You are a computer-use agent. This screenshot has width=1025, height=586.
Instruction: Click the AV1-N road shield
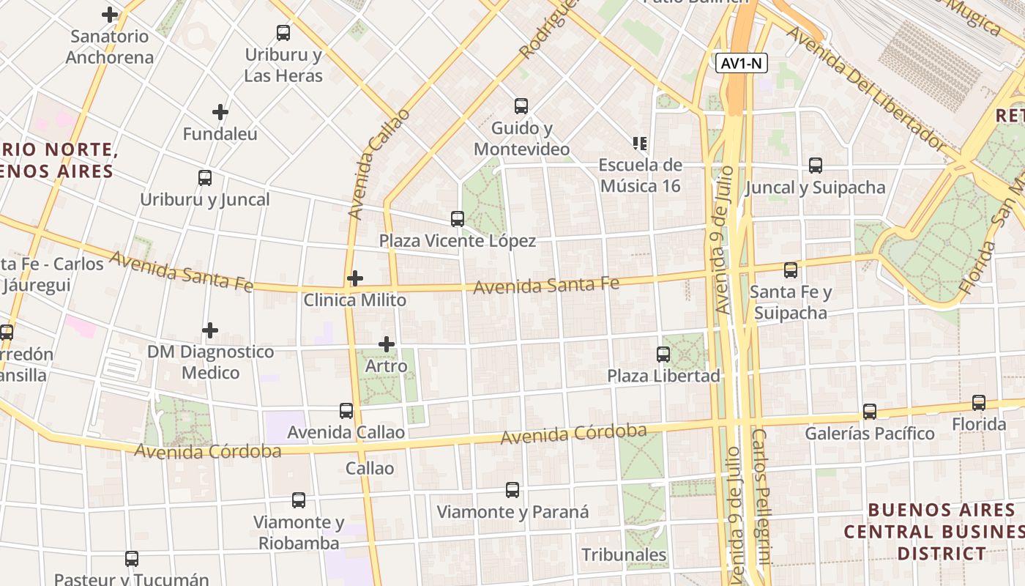[742, 64]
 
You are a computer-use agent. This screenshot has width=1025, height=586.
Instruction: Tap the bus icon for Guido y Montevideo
[521, 106]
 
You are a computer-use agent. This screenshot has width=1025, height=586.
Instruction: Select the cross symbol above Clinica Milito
[355, 278]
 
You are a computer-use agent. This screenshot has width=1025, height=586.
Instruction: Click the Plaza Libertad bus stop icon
[663, 355]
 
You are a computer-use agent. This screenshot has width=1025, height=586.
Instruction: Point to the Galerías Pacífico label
[870, 434]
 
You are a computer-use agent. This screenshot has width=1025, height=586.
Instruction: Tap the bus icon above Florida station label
[979, 403]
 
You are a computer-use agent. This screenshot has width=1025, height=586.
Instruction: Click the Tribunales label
[624, 555]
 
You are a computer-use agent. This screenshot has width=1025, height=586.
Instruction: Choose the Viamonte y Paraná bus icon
[512, 490]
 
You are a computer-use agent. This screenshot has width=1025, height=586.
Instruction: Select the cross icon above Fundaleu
[220, 112]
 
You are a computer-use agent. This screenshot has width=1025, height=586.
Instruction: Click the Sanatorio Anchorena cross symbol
[110, 15]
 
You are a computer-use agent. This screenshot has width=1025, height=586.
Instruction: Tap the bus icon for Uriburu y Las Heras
[283, 33]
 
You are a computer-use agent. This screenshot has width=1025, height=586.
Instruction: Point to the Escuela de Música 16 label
[641, 176]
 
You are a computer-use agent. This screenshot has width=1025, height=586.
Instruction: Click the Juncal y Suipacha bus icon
[816, 166]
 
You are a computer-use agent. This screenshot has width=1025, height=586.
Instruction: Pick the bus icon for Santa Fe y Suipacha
[791, 270]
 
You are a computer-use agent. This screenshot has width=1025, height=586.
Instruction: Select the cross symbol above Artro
[387, 344]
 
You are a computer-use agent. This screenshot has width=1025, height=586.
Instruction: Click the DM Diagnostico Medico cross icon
[210, 330]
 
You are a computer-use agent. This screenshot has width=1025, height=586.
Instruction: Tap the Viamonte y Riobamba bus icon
[299, 500]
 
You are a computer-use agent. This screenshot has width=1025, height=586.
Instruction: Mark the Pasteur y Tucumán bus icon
[132, 559]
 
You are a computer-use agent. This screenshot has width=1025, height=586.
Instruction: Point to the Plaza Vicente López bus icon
[458, 218]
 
